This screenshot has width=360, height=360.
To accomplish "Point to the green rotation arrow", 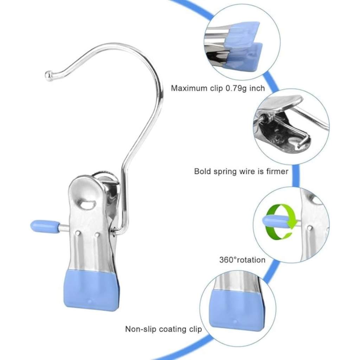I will tap(280, 223).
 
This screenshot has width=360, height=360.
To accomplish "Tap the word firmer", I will tap(276, 172).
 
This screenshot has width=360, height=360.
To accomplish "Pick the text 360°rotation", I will tap(242, 260).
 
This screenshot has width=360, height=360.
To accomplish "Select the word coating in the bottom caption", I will tap(172, 329).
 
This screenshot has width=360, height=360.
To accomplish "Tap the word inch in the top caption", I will tap(258, 88).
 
